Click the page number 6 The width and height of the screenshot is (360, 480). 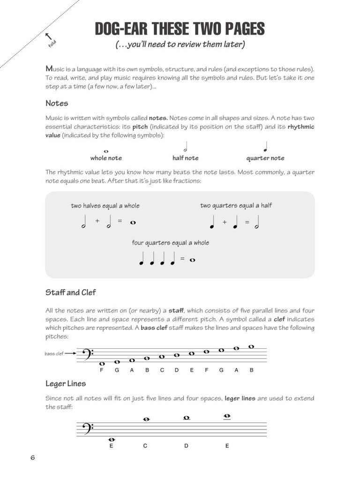tap(33, 457)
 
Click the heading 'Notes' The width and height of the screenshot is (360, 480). tap(57, 103)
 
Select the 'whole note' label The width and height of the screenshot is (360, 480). tap(106, 158)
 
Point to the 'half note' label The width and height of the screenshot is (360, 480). tap(185, 158)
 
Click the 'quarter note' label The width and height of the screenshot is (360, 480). tap(265, 158)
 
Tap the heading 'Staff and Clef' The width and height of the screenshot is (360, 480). tap(70, 292)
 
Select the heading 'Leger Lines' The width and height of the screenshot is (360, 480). tap(66, 383)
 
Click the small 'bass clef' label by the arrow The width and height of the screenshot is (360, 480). tap(53, 353)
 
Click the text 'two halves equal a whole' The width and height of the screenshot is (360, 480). tap(105, 205)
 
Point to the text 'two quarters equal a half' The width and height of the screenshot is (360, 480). tap(236, 205)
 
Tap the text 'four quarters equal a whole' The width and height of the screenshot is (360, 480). tap(171, 243)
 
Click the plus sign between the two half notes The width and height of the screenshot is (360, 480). tap(97, 221)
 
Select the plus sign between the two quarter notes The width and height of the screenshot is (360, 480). tap(225, 222)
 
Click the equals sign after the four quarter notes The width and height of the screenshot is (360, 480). tap(182, 259)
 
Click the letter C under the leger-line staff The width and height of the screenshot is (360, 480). tap(145, 446)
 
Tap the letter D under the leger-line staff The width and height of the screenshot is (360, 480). tap(186, 446)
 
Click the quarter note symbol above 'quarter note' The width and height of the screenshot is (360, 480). tap(265, 147)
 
